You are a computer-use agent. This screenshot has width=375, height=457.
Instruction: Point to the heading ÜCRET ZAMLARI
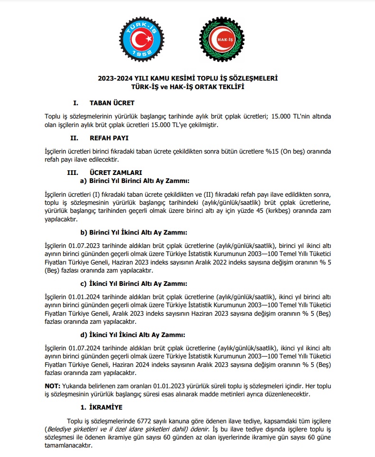pos(116,173)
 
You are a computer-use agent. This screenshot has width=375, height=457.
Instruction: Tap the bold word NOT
pos(52,386)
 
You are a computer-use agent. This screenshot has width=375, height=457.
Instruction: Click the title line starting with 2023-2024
pos(187,79)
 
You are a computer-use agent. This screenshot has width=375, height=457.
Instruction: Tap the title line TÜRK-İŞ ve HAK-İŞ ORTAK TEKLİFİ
pos(187,87)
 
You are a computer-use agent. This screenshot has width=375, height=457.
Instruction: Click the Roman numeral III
pos(74,173)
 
